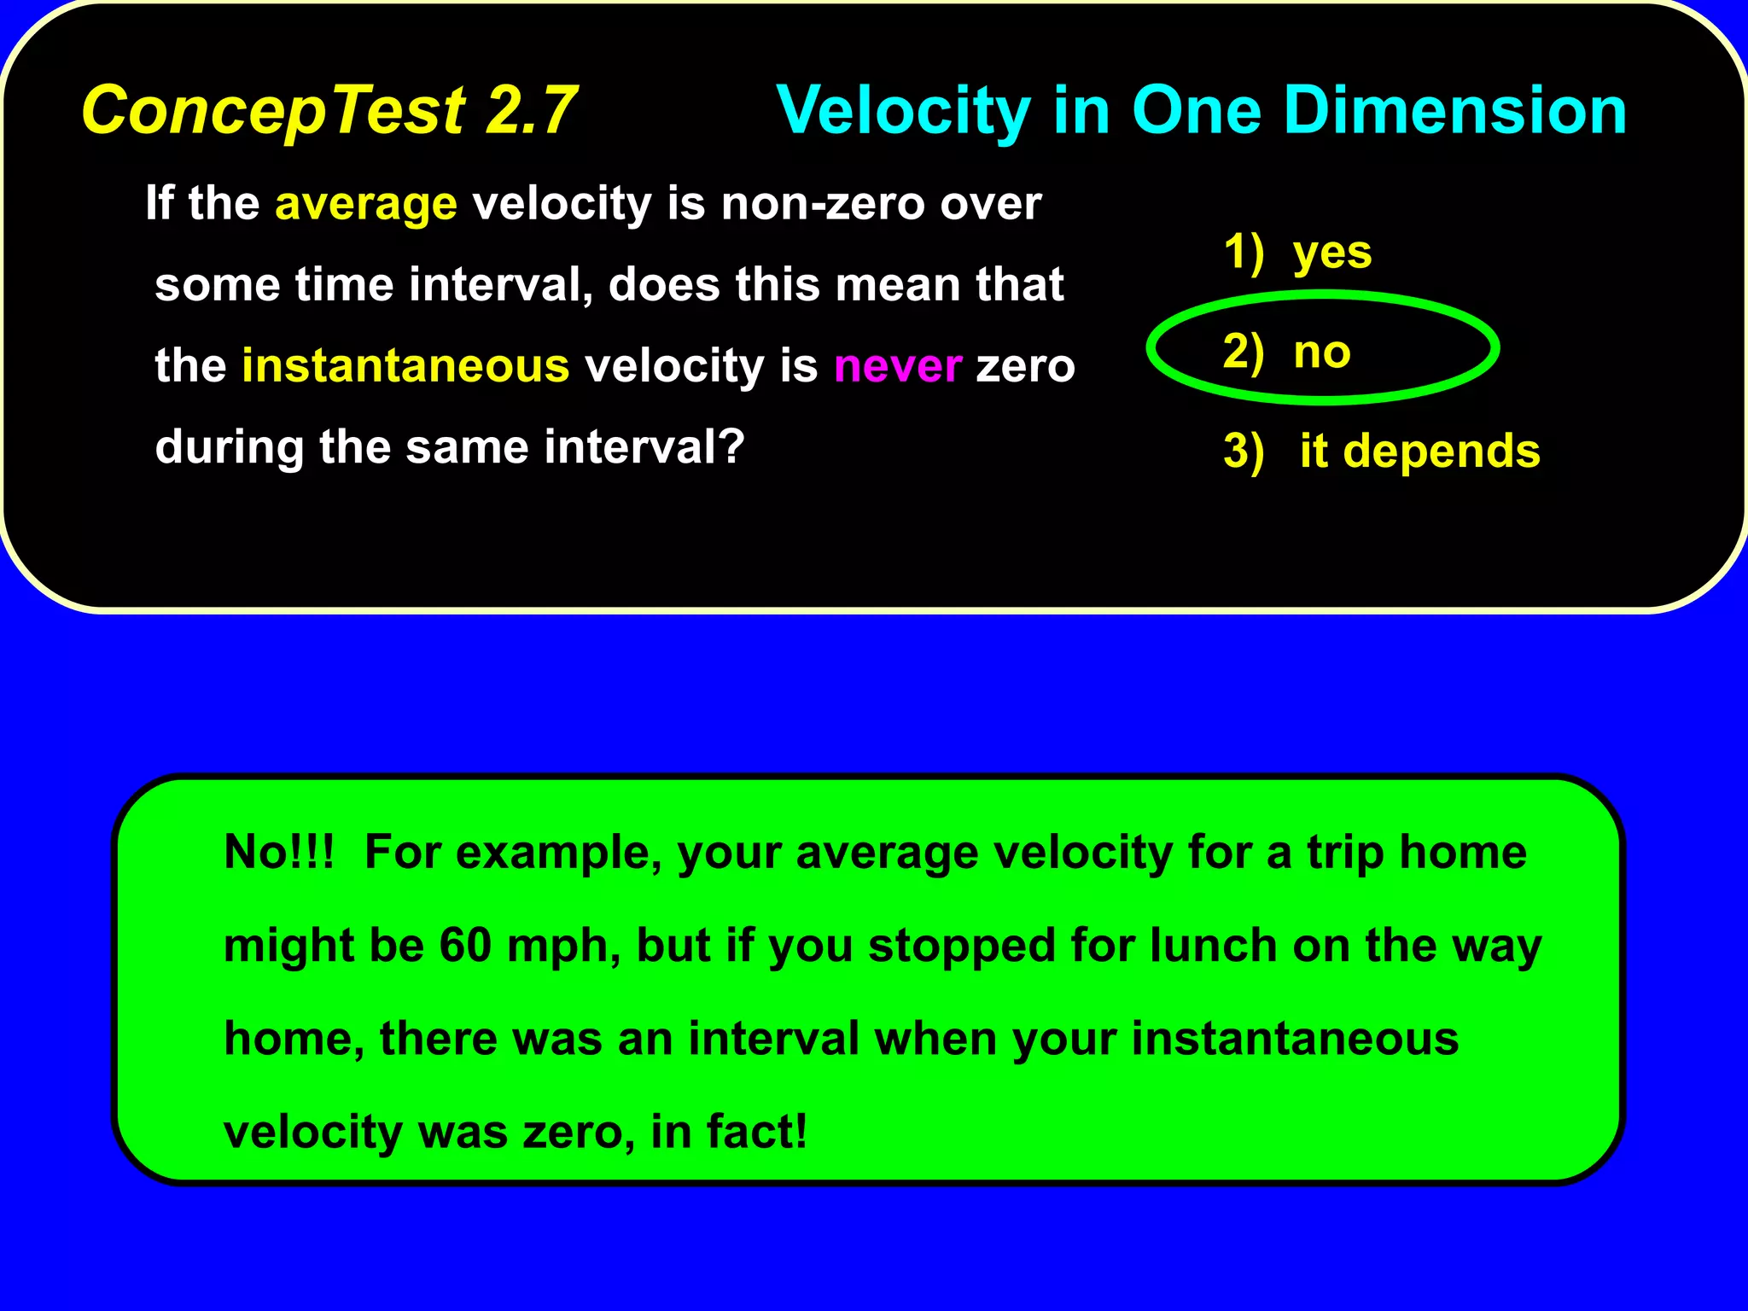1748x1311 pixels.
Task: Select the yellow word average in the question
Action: tap(366, 205)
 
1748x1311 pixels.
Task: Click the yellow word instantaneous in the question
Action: tap(405, 366)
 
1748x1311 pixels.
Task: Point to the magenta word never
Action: tap(898, 366)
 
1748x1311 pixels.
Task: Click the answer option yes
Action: tap(1331, 253)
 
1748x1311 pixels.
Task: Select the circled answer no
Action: tap(1321, 352)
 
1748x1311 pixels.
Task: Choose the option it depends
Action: tap(1419, 451)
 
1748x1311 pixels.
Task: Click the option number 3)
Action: tap(1243, 451)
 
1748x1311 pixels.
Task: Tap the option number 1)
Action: tap(1243, 253)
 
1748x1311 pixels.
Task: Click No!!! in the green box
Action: tap(278, 852)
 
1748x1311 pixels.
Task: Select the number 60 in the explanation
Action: tap(465, 946)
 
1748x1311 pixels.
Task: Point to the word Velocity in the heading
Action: tap(904, 111)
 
